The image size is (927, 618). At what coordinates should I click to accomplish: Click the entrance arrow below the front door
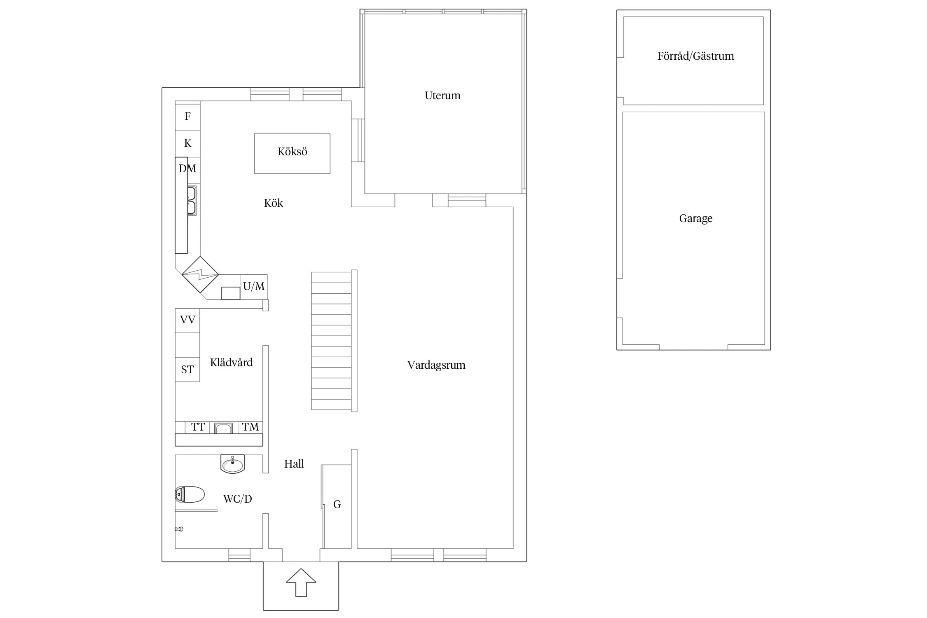301,582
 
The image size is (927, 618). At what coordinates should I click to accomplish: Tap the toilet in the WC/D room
190,494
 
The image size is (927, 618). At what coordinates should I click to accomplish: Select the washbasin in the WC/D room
232,464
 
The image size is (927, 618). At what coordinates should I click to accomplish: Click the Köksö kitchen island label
293,152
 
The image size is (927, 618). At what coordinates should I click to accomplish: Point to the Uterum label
442,96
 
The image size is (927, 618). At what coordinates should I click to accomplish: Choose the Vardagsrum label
436,365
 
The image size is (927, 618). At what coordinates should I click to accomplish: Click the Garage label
695,218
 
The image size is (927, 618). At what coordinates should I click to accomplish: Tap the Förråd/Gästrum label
695,56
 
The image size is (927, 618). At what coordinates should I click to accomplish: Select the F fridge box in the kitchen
187,116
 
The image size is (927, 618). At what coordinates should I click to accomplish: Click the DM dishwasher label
187,169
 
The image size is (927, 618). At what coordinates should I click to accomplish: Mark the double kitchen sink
192,200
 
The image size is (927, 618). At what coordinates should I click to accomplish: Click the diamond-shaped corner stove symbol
200,274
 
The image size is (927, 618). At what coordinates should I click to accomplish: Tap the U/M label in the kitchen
254,286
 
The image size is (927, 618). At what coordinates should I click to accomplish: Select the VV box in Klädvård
187,321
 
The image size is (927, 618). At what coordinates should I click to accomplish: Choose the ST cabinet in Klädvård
187,370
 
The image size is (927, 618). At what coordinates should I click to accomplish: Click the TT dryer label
198,427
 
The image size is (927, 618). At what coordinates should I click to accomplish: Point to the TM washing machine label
250,427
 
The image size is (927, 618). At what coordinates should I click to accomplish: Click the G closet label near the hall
337,504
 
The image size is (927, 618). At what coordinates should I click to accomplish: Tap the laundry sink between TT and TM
224,428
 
